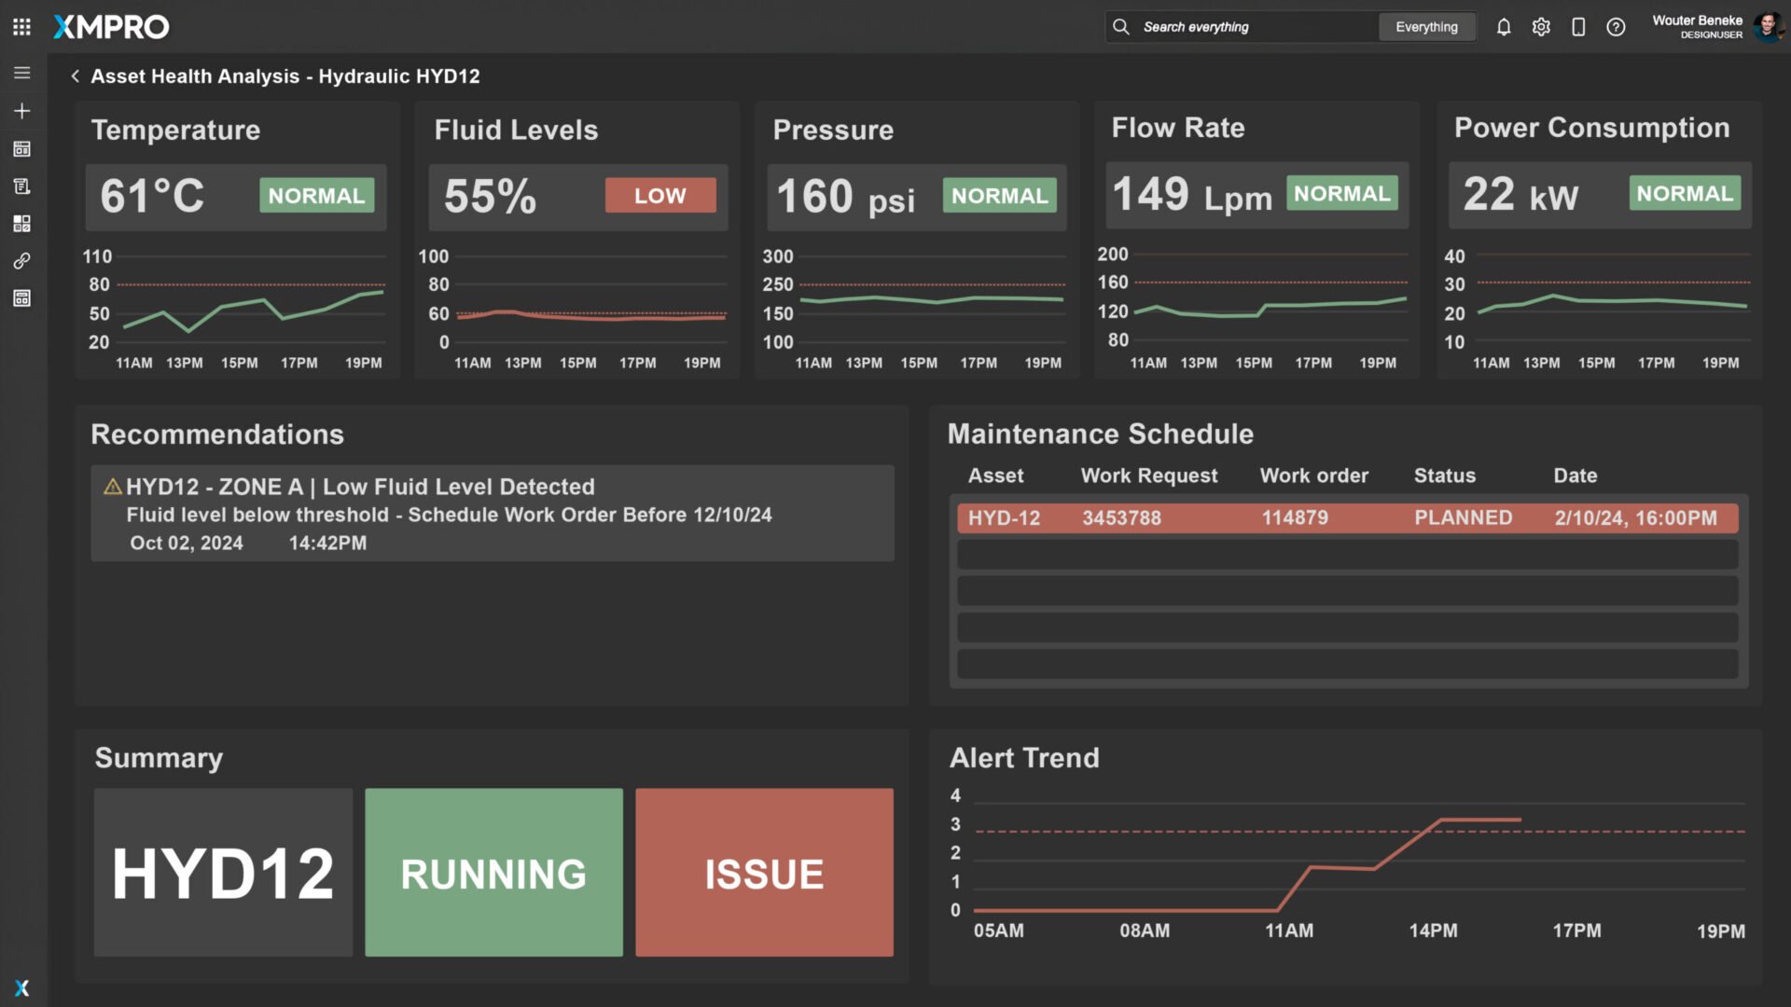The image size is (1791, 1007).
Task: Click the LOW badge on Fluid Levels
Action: [659, 196]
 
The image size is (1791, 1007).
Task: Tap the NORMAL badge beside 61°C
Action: [316, 196]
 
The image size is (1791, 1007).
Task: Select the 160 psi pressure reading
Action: [845, 197]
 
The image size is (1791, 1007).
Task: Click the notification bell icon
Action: [1504, 27]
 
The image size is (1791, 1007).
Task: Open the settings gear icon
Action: [1541, 27]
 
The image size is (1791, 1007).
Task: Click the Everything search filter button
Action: [1426, 27]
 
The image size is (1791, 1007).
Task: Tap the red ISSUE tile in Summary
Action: [764, 873]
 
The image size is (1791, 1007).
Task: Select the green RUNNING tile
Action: [493, 873]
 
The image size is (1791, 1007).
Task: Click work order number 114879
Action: [1295, 518]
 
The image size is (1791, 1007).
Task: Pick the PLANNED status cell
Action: [1463, 518]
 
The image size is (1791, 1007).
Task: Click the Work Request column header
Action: [1148, 476]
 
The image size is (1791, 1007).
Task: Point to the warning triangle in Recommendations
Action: [113, 487]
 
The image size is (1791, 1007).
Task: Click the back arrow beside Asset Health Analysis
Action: [76, 76]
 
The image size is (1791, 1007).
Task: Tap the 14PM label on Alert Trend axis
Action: [1433, 931]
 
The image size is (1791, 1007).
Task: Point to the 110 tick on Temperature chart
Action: [97, 256]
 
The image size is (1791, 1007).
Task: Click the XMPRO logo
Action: [111, 27]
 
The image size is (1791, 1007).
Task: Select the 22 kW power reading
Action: [1520, 195]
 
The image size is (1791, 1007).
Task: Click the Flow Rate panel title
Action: [1177, 128]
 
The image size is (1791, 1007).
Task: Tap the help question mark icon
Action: [1616, 27]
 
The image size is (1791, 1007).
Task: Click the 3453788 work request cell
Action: [1121, 518]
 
